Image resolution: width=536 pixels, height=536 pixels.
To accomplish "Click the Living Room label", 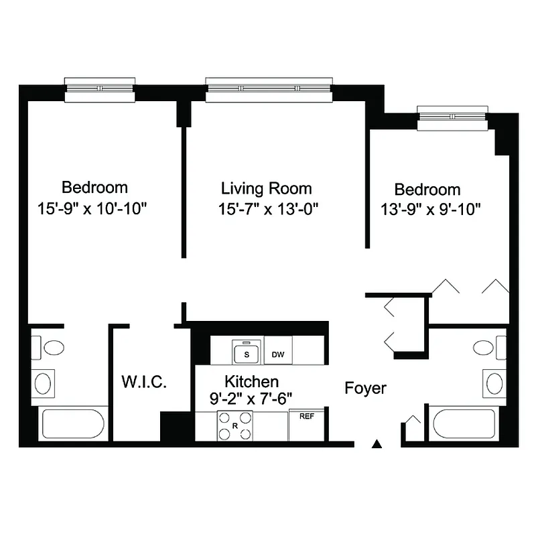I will pos(267,188).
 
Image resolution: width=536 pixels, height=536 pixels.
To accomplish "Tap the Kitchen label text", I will pos(251,382).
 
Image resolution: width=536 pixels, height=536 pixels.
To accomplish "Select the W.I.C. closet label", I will pos(144,383).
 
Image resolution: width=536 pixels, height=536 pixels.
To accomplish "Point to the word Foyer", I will pos(365,388).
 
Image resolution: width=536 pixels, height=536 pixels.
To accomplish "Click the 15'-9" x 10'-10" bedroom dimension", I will pos(92,208).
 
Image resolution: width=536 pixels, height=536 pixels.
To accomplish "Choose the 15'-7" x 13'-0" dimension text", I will pos(267,208).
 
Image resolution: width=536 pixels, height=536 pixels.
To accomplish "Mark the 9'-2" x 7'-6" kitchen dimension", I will pos(251,401).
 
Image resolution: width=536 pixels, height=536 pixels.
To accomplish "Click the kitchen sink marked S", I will pos(246,351).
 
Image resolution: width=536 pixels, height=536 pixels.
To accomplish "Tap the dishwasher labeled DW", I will pos(278,353).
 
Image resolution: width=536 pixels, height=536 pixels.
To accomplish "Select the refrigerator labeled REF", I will pos(307,425).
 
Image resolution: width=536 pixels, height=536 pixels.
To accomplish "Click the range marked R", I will pos(235,426).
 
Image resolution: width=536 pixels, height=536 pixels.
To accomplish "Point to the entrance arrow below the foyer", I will pos(377,443).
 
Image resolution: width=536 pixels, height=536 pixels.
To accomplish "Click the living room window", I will pos(269,88).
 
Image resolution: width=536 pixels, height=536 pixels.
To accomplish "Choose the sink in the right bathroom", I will pos(494,384).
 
